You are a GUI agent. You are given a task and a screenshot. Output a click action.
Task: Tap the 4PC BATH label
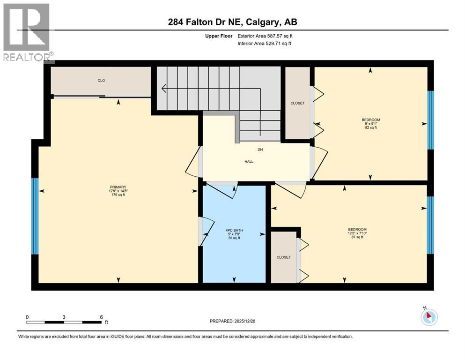pyautogui.click(x=234, y=230)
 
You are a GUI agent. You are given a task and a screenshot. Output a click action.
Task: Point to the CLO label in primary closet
pyautogui.click(x=101, y=81)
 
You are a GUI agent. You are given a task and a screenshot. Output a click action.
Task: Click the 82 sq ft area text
pyautogui.click(x=370, y=127)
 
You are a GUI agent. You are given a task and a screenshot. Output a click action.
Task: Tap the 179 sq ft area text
pyautogui.click(x=118, y=195)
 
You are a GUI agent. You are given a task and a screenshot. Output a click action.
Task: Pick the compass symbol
pyautogui.click(x=428, y=316)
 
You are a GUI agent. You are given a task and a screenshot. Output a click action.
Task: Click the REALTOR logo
pyautogui.click(x=27, y=32)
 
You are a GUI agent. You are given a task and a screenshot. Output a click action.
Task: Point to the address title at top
pyautogui.click(x=233, y=22)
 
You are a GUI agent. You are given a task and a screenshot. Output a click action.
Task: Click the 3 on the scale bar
pyautogui.click(x=63, y=317)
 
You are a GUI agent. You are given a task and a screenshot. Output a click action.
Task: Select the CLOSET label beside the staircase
pyautogui.click(x=297, y=103)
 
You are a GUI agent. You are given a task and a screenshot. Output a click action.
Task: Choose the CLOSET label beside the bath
pyautogui.click(x=283, y=257)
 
